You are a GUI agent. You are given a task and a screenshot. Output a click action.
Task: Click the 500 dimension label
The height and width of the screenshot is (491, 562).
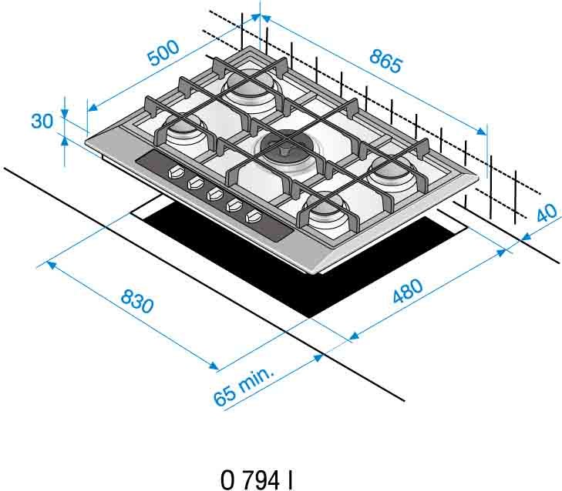(163, 53)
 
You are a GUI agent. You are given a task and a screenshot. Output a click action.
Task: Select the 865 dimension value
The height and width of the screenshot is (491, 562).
(385, 61)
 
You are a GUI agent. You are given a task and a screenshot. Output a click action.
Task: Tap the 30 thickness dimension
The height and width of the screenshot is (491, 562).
(42, 121)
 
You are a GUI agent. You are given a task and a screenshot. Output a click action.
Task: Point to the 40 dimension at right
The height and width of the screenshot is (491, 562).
(547, 213)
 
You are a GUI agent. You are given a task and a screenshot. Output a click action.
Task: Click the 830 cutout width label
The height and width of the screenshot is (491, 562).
(137, 302)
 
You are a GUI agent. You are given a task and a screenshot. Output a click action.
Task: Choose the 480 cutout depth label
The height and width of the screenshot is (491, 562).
(408, 291)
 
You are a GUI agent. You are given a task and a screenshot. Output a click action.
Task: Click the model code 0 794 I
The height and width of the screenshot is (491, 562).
(257, 480)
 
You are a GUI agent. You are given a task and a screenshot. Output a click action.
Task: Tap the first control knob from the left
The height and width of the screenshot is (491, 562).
(175, 173)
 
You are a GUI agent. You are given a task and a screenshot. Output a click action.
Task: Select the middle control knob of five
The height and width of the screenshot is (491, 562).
(214, 195)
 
